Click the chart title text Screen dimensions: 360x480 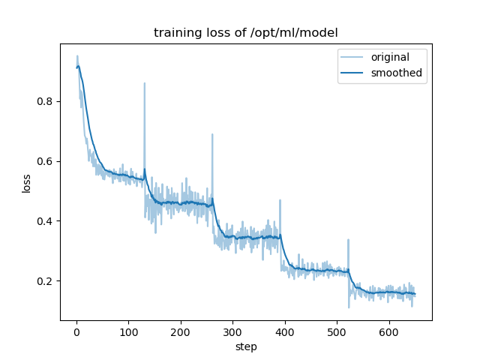pos(245,33)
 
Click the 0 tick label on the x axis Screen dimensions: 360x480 pos(76,332)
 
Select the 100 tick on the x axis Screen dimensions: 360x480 pos(128,332)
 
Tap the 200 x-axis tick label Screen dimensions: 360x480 pos(181,332)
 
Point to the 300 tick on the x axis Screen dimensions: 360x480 pos(232,332)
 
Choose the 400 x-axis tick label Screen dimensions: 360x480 pos(285,332)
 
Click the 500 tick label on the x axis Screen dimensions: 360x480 pos(337,332)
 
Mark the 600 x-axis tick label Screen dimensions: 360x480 pos(389,332)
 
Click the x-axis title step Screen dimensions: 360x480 pos(245,346)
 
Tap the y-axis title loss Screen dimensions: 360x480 pos(27,183)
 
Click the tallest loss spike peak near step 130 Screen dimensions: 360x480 pos(145,83)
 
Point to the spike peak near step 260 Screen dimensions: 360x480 pos(212,134)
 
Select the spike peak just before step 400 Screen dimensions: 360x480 pos(280,200)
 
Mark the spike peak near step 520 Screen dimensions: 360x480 pos(348,240)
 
